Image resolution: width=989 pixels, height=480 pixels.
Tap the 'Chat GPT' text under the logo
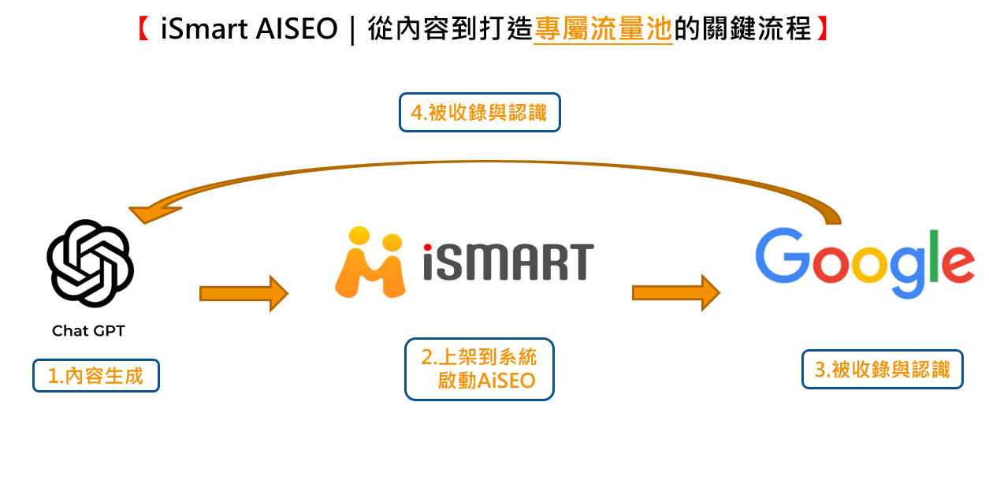[x=88, y=331]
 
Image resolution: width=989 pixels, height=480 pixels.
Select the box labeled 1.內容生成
[x=96, y=376]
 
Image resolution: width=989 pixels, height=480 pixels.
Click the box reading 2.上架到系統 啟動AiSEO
[x=479, y=369]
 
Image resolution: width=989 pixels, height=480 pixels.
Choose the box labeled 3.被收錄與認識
[x=883, y=369]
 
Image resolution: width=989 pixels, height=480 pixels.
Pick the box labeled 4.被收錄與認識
[x=479, y=113]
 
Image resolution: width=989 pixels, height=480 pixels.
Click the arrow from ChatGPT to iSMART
[x=244, y=293]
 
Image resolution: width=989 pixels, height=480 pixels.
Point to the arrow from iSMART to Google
[x=675, y=293]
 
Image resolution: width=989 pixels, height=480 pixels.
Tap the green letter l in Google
[x=935, y=256]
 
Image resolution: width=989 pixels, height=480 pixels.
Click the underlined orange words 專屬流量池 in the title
[x=603, y=30]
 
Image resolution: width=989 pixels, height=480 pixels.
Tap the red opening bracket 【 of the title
[x=143, y=30]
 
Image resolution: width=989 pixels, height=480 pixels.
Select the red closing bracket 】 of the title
[x=821, y=30]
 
